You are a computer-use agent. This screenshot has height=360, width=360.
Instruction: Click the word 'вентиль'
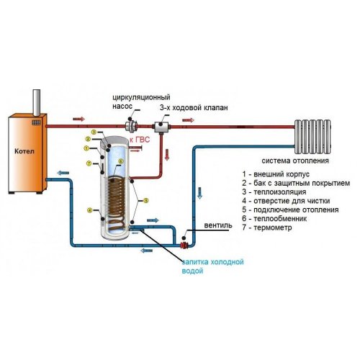click(218, 225)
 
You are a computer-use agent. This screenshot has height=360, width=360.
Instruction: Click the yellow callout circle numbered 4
click(89, 210)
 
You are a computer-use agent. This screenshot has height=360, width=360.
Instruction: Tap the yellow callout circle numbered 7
click(89, 165)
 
